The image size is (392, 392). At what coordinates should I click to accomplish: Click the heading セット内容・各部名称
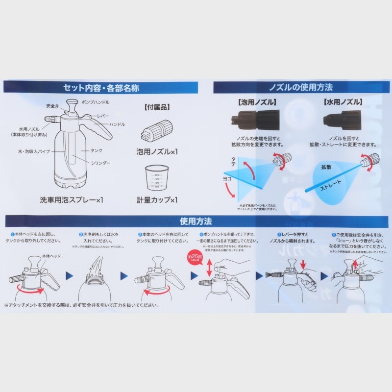coord(101,88)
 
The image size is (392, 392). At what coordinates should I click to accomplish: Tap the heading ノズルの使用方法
coord(301,88)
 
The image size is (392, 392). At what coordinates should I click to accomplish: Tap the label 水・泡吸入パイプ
coord(33,152)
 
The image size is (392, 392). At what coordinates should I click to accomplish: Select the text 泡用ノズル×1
coord(157,152)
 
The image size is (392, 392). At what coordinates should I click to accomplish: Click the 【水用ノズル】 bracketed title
coord(343,103)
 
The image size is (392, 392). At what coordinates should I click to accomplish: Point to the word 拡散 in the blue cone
coord(326,168)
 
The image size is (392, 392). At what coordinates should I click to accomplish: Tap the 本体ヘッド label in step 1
coord(50,257)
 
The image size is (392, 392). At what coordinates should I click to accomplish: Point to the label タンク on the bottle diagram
coord(96,151)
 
